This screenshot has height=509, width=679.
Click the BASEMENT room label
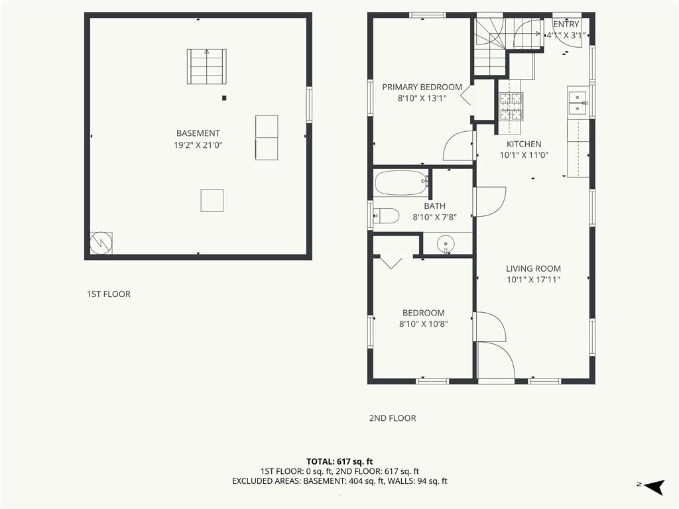click(x=198, y=133)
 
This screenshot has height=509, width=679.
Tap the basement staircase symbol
click(x=207, y=67)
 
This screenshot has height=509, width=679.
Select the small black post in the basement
click(x=224, y=98)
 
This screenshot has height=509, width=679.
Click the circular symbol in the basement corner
click(x=101, y=243)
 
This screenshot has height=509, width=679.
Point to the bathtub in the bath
click(x=401, y=183)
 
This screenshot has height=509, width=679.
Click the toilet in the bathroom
click(x=386, y=215)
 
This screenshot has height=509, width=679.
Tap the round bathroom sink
click(x=446, y=244)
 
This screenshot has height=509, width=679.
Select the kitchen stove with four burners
click(x=511, y=107)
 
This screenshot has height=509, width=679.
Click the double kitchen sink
click(x=578, y=102)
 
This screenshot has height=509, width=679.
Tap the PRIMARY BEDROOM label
click(x=422, y=87)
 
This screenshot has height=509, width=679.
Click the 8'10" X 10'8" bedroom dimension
click(x=424, y=323)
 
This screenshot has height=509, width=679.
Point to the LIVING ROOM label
click(x=533, y=269)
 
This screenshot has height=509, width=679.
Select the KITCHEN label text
click(x=524, y=144)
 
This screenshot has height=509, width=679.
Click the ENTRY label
click(x=566, y=25)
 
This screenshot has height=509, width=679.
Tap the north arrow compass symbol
click(x=654, y=486)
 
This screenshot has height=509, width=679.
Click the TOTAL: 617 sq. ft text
click(x=339, y=461)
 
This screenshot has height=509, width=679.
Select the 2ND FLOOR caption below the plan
click(x=393, y=418)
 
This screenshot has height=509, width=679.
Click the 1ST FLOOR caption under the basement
click(x=109, y=294)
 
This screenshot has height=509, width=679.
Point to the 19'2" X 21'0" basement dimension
click(x=198, y=145)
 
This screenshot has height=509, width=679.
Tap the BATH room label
click(x=434, y=206)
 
